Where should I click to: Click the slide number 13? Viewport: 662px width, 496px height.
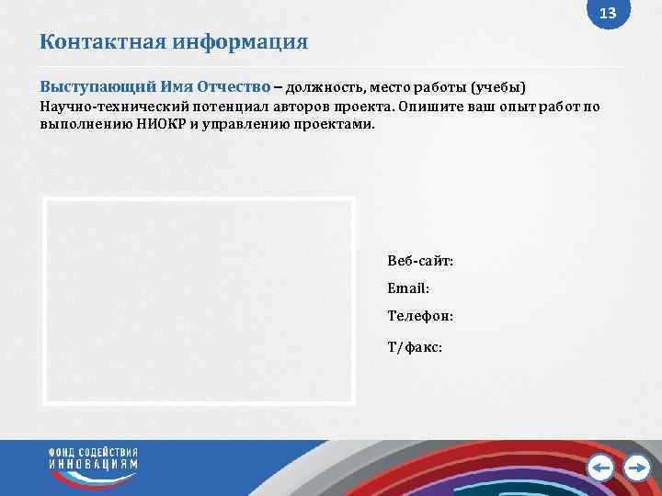pos(608,14)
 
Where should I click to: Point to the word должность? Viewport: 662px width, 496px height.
pos(326,88)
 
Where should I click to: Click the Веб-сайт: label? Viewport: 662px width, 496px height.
pos(420,262)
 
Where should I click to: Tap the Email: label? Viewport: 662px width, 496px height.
pos(408,288)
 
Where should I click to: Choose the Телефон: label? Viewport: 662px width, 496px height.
pos(419,316)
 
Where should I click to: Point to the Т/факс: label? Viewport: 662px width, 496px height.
pos(416,347)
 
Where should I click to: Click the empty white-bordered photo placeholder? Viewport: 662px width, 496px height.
pos(199,300)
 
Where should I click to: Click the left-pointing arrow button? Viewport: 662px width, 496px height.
pos(600,468)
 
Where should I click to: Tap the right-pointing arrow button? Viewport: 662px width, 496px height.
pos(636,468)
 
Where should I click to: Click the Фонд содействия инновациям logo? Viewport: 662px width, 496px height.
pos(94,459)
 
